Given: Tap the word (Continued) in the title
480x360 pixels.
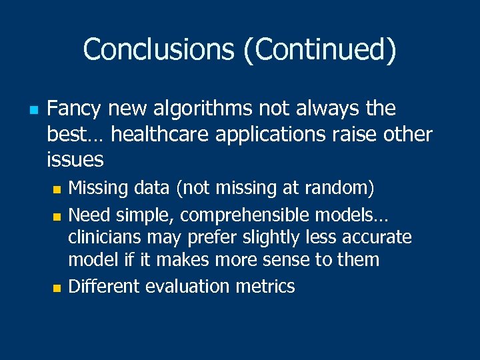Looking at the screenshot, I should pos(320,49).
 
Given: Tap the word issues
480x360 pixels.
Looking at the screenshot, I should pos(75,159).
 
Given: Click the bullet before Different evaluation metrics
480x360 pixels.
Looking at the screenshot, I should pos(56,288).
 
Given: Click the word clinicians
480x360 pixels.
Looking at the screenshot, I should pos(110,237).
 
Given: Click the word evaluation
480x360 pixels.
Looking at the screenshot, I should pos(188,287).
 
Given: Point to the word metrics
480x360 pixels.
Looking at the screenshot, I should pos(265,287).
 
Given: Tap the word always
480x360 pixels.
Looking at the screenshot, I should pos(339,108).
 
